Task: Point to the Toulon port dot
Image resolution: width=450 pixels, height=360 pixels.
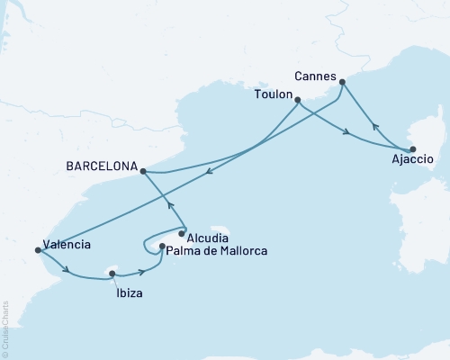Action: point(298,101)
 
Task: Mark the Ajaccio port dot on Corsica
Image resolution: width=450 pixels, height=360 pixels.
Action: point(412,149)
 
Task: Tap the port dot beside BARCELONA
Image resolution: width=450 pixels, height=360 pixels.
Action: point(144,169)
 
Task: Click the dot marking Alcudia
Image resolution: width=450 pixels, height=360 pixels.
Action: point(182,234)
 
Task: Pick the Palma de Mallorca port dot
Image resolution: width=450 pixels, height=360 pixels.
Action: point(161,246)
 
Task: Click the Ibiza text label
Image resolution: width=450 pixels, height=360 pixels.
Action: point(128,293)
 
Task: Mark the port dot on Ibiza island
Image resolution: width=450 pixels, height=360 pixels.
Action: point(112,274)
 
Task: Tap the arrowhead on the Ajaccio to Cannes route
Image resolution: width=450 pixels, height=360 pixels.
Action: point(376,128)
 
